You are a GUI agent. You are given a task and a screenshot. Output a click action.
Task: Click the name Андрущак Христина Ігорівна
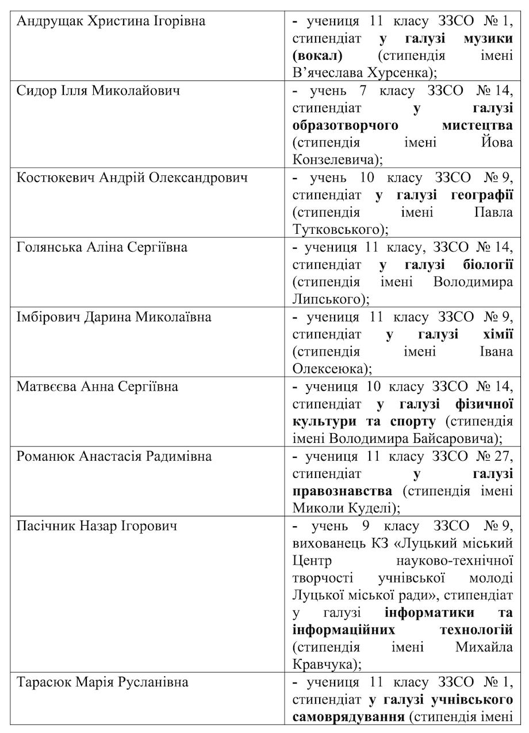coord(111,22)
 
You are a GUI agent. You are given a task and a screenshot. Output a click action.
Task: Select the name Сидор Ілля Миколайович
coord(98,91)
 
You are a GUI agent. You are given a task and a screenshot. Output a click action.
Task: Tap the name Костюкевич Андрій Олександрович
coord(132,178)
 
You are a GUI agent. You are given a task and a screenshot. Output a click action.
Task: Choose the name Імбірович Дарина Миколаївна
coord(113,317)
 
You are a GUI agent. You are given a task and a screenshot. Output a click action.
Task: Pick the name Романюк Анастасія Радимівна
coord(114,457)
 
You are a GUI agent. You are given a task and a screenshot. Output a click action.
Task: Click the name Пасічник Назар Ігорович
coord(97,526)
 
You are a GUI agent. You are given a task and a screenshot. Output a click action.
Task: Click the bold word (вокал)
coord(317,56)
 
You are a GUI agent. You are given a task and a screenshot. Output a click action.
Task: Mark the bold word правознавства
coord(343,491)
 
